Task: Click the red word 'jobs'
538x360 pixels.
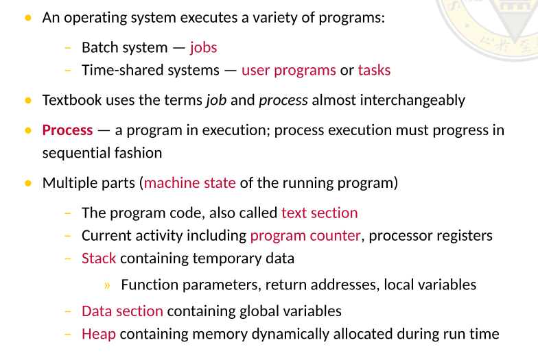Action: click(203, 47)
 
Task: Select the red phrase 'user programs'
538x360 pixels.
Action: click(288, 70)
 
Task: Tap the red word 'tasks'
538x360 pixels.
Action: click(374, 70)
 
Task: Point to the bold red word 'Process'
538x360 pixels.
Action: click(67, 130)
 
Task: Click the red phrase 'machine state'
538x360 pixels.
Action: click(190, 183)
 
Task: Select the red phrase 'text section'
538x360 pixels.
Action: click(319, 213)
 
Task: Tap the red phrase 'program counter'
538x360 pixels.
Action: click(305, 236)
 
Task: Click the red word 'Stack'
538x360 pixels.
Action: click(99, 259)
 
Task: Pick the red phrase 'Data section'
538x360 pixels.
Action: click(122, 311)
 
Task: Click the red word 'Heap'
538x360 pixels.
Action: click(98, 334)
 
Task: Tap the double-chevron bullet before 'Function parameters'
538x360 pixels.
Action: click(108, 285)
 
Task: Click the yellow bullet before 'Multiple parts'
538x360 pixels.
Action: click(28, 183)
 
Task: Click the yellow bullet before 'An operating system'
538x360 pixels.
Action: click(28, 17)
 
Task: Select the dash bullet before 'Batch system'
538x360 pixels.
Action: click(67, 47)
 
